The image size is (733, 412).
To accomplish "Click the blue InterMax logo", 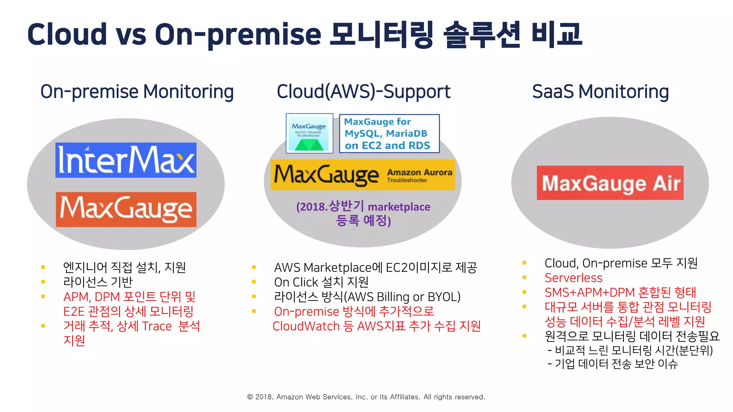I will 126,160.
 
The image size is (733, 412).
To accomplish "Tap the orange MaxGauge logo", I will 126,210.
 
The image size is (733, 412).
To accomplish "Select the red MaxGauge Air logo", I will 610,183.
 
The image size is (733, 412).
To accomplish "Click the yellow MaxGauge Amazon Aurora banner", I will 363,175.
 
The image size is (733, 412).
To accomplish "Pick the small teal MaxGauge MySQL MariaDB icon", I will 309,133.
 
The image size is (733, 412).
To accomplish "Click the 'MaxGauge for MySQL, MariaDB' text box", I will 389,134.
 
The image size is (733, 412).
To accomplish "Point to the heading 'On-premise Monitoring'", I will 137,92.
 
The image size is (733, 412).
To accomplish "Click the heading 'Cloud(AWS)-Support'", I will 363,92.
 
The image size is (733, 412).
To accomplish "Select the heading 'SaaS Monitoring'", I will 600,92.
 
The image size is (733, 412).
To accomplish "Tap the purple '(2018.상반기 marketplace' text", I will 363,207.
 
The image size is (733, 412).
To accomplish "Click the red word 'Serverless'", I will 573,278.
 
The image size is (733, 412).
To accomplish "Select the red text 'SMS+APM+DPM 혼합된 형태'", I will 620,293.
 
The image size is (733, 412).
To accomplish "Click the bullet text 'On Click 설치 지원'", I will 321,282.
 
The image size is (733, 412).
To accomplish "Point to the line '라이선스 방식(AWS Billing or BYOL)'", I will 367,297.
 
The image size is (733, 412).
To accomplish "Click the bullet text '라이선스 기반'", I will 98,282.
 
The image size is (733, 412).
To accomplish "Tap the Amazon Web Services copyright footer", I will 366,397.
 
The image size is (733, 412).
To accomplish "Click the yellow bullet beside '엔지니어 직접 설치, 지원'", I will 43,267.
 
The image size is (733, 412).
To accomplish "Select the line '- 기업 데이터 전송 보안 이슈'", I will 612,364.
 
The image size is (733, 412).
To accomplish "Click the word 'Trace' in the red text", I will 157,326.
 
